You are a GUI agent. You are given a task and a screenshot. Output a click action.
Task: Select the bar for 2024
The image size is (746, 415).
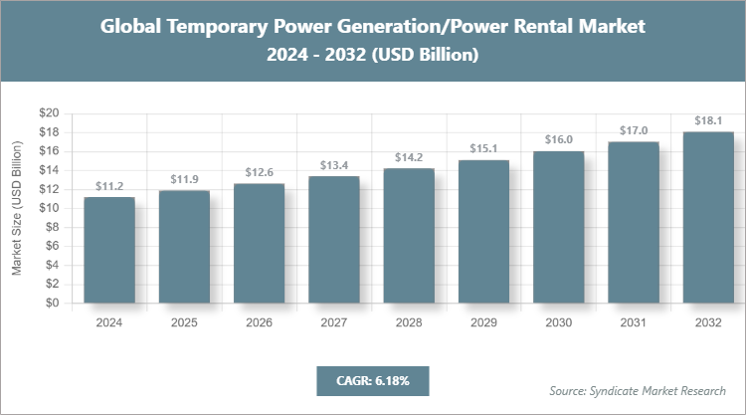[x=109, y=250]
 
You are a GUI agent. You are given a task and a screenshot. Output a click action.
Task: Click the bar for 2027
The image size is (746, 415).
[x=334, y=240]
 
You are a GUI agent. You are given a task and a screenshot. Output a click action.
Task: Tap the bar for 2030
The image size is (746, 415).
[x=559, y=227]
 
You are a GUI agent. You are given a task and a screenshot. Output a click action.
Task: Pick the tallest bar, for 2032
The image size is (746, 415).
[x=708, y=217]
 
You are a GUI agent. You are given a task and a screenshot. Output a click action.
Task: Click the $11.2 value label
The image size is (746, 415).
[x=109, y=186]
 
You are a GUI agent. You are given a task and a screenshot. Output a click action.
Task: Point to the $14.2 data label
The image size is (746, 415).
[x=409, y=157]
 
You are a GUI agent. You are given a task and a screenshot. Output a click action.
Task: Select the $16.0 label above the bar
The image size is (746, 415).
[x=559, y=140]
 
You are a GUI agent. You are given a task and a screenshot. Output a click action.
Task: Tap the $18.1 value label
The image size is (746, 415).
[x=708, y=120]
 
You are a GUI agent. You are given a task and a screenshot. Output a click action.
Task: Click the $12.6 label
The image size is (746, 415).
[x=260, y=173]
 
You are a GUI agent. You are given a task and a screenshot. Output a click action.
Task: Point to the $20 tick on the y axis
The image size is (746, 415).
[x=49, y=112]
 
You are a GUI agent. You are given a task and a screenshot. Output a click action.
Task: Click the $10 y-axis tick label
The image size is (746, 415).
[x=49, y=208]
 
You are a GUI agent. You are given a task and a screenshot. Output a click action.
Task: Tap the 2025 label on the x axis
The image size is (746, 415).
[x=184, y=322]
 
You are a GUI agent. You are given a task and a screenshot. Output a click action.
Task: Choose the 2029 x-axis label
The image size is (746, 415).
[x=483, y=322]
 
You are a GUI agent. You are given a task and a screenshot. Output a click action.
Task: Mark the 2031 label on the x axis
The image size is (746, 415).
[x=634, y=322]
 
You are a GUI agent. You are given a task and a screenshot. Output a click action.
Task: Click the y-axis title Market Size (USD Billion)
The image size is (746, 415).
[x=17, y=209]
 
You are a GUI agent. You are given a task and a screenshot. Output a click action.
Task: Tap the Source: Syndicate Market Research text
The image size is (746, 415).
[x=637, y=389]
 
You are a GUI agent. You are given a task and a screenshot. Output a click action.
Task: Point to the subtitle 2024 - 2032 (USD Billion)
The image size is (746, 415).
[x=373, y=56]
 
